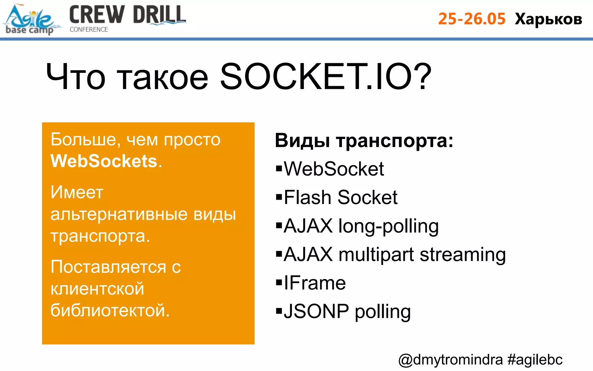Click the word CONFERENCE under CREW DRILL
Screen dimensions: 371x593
tap(89, 30)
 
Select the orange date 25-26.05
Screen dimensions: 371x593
tap(472, 19)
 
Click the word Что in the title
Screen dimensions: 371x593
tap(75, 77)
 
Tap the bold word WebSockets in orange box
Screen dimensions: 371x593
tap(104, 161)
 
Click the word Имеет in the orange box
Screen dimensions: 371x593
tap(77, 192)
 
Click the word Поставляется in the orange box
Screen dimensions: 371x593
tap(108, 267)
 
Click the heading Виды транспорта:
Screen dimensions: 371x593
tap(364, 141)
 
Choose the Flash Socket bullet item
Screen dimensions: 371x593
tap(341, 197)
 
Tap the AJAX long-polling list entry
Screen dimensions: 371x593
tap(361, 226)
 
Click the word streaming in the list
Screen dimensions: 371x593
tap(462, 254)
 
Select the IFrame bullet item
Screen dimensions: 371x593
tap(314, 283)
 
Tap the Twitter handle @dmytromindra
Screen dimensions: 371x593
tap(450, 360)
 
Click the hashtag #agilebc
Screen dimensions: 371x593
tap(535, 360)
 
